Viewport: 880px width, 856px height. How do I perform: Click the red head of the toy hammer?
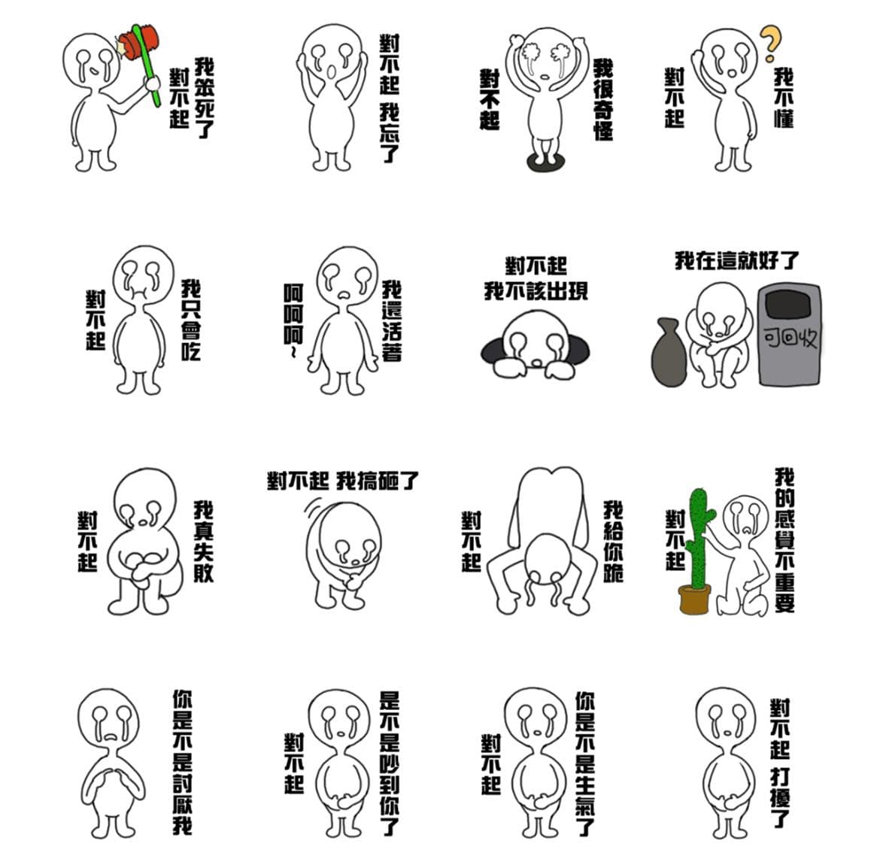click(138, 43)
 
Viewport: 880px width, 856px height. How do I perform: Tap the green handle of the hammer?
click(146, 65)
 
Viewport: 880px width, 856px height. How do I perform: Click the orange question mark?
click(770, 43)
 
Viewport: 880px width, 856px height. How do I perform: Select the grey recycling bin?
click(789, 335)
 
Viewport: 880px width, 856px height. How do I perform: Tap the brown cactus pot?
click(695, 599)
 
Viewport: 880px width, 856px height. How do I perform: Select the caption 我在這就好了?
click(736, 260)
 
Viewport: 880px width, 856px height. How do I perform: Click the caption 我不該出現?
click(536, 291)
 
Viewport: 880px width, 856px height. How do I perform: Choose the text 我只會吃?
click(191, 320)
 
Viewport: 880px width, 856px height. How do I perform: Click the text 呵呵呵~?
click(293, 320)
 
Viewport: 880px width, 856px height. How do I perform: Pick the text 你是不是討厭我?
click(183, 762)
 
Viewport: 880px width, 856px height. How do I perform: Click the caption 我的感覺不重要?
click(784, 540)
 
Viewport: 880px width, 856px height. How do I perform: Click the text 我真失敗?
click(204, 541)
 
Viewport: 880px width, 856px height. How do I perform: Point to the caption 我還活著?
click(392, 320)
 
